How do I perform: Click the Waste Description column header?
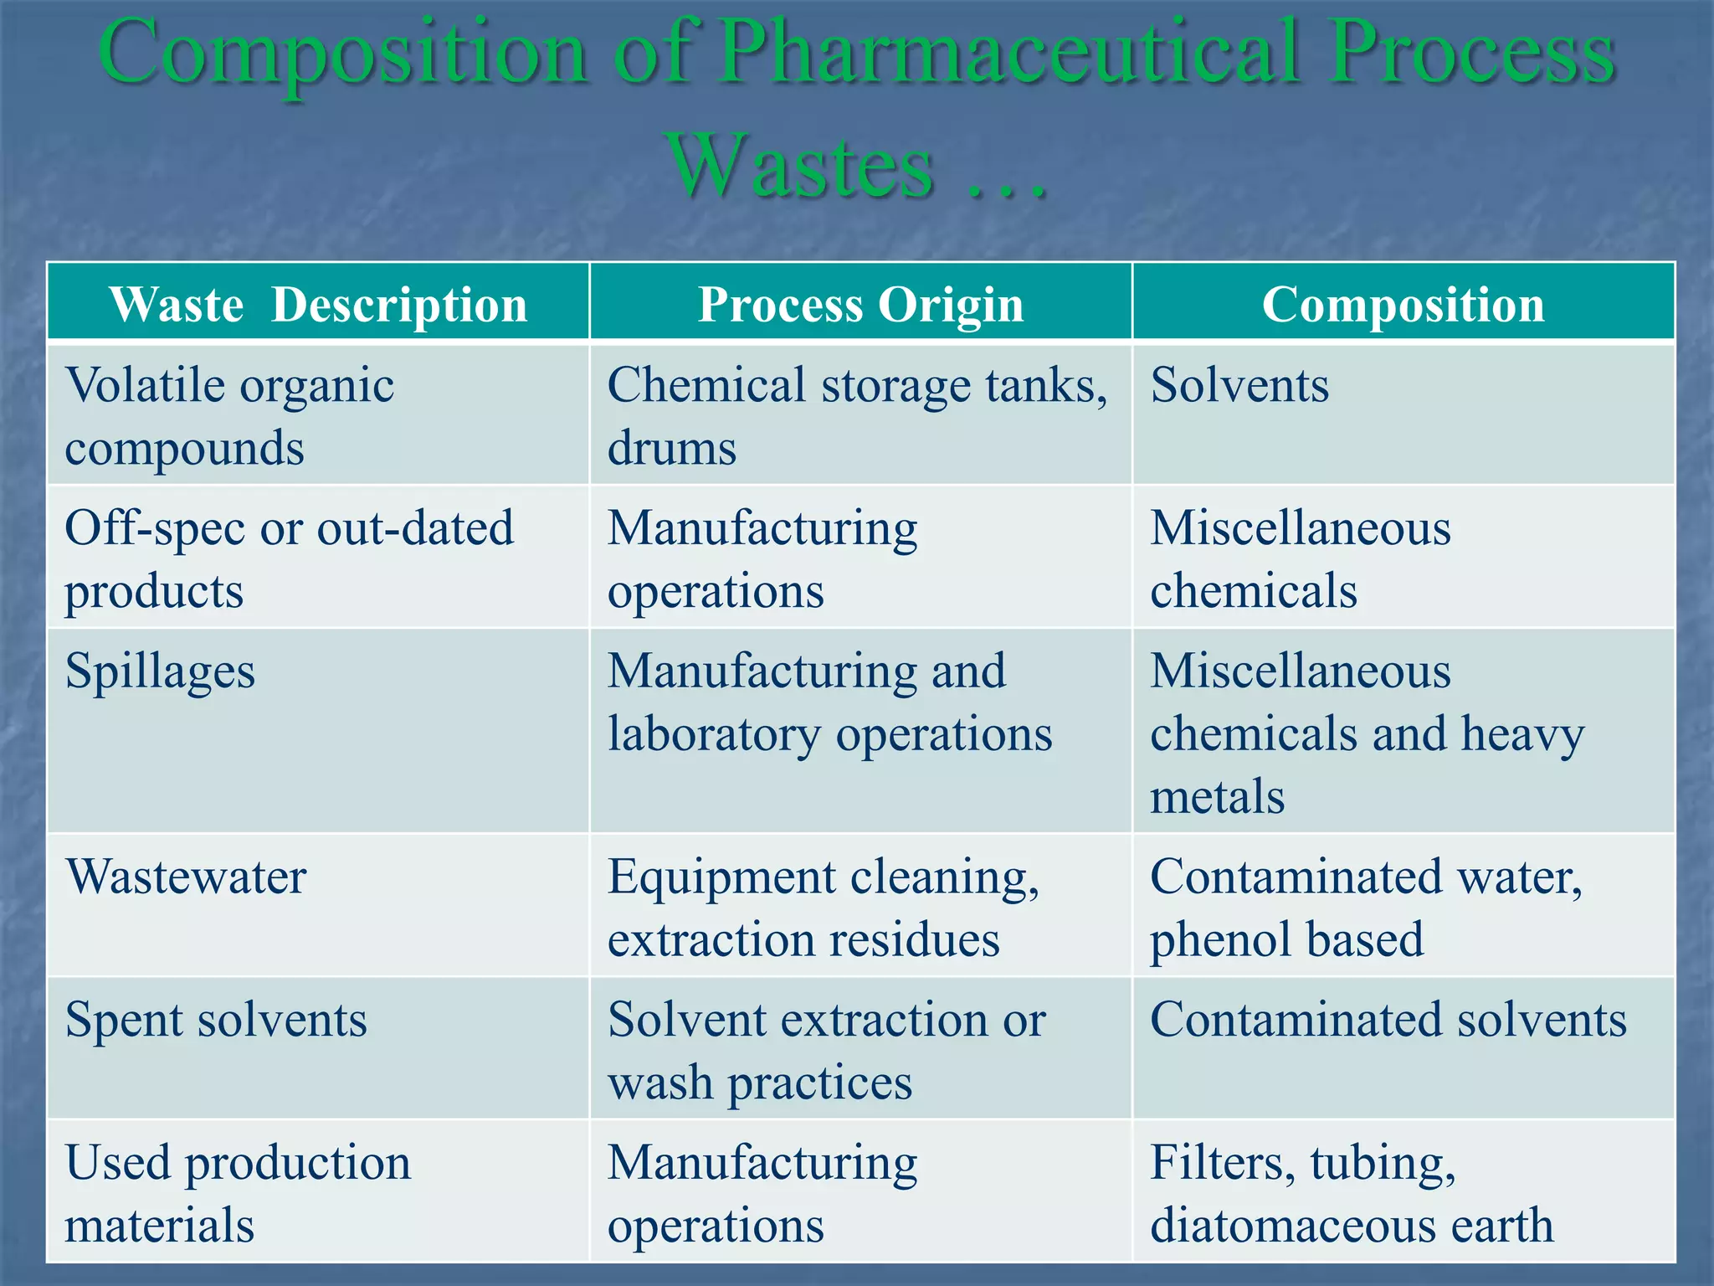click(318, 304)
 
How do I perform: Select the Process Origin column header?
click(860, 304)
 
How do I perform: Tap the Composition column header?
click(1403, 304)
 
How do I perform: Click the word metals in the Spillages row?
click(1217, 796)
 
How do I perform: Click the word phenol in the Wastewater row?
click(1209, 940)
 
